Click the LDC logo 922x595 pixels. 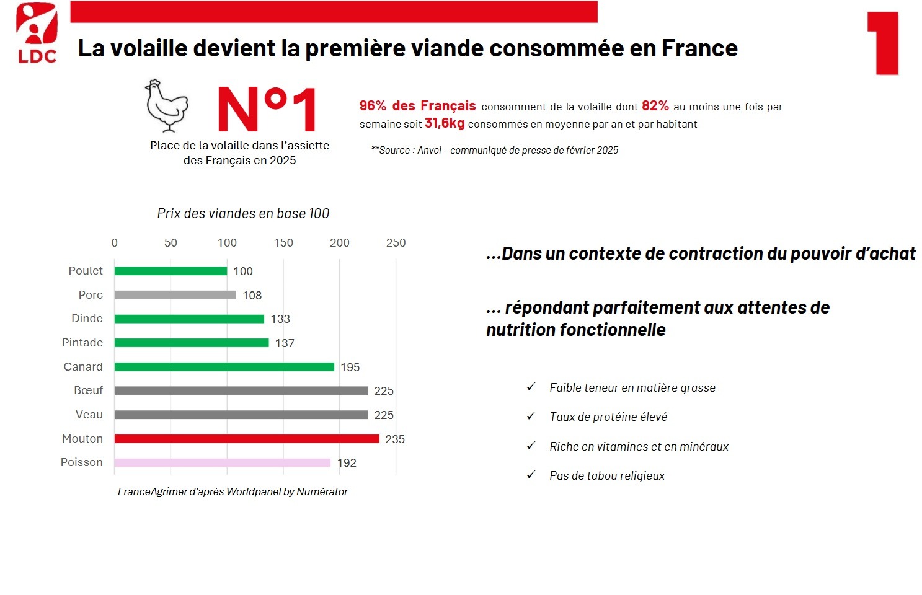[37, 33]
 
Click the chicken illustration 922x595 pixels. [167, 106]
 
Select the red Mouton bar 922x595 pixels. [247, 439]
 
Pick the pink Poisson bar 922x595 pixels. [222, 462]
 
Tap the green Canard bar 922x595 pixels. [224, 367]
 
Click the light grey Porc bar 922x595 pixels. [175, 294]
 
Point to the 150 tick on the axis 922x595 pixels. [283, 243]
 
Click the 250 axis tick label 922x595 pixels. [396, 243]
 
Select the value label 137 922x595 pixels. [285, 343]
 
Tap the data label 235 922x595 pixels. [395, 439]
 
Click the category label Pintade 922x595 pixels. [82, 342]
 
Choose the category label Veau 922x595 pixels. [89, 415]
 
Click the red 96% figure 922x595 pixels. [373, 106]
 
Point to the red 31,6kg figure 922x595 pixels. [445, 123]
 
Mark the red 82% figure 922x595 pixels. [655, 106]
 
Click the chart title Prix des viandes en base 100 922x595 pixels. [243, 214]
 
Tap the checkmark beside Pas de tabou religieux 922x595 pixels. [531, 475]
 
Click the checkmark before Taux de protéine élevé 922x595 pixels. [531, 416]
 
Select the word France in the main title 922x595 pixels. [699, 48]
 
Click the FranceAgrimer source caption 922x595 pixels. [233, 491]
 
